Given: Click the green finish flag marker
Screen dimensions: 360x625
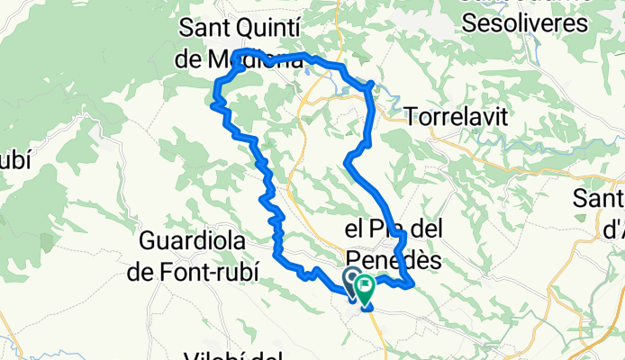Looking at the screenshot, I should tap(366, 291).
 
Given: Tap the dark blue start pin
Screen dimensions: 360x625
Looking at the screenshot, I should tap(350, 280).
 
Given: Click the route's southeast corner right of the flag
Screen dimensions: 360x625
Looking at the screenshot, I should tap(412, 285).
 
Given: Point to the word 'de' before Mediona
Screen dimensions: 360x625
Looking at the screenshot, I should tap(192, 61).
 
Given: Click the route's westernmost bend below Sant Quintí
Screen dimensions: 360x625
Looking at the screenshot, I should tap(213, 104).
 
